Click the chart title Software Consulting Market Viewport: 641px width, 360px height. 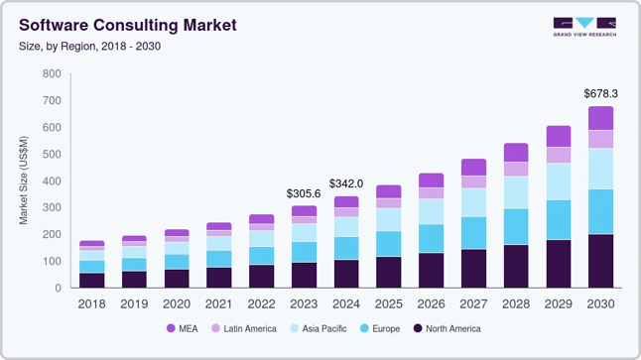(x=127, y=25)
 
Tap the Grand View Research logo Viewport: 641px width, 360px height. (x=584, y=27)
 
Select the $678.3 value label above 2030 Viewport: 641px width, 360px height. (x=600, y=93)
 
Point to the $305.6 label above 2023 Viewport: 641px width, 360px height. (x=304, y=193)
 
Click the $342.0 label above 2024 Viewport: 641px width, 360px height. (x=346, y=183)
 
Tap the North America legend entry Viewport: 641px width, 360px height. (x=447, y=328)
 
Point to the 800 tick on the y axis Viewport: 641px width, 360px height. (x=52, y=74)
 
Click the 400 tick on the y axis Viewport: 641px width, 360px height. (x=52, y=181)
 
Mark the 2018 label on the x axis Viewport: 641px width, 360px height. (x=91, y=303)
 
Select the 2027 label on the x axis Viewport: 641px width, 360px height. (x=473, y=303)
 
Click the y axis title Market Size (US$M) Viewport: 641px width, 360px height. (x=24, y=180)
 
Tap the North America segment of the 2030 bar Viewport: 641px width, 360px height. (x=600, y=261)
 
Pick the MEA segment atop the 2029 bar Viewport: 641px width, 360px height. (x=559, y=136)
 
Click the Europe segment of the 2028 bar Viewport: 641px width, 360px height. (x=516, y=226)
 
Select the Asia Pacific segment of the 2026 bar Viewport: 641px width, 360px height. (x=431, y=211)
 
